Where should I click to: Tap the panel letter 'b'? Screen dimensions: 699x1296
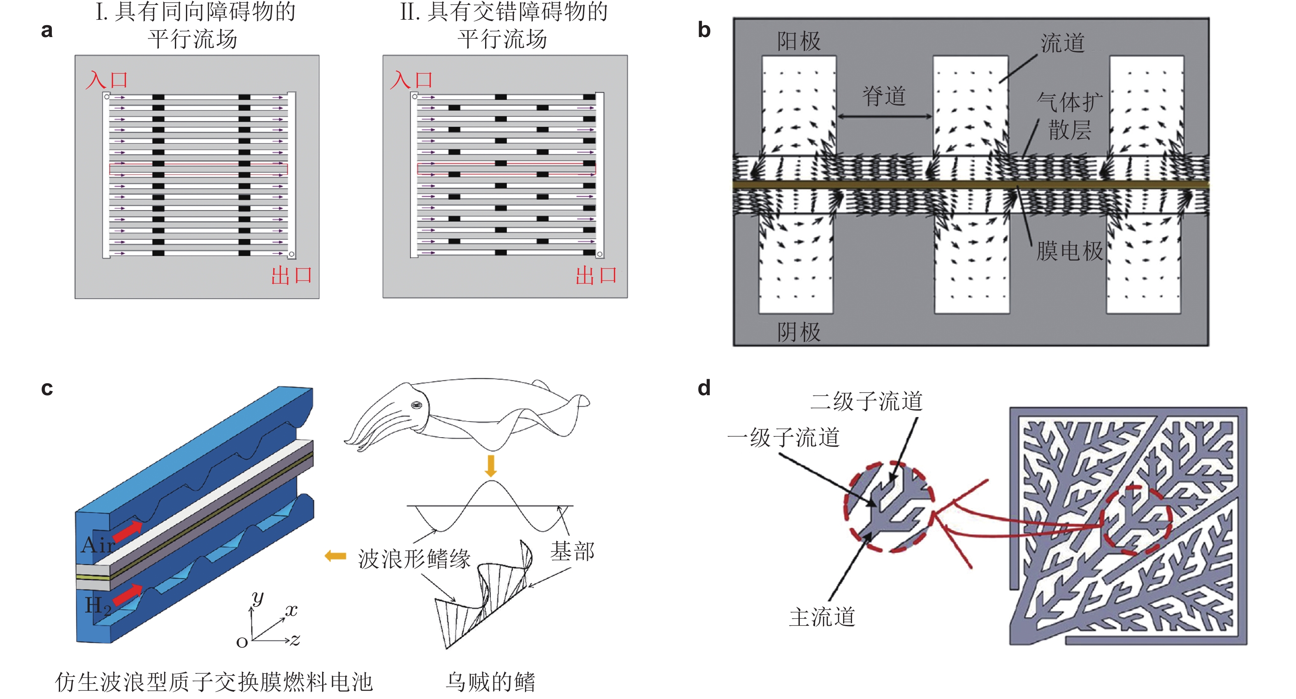[704, 30]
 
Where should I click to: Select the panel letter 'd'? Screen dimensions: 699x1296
[704, 388]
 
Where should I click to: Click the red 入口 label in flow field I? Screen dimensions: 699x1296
[107, 80]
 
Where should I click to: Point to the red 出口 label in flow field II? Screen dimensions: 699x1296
[596, 275]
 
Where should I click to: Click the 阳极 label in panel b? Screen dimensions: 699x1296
[799, 41]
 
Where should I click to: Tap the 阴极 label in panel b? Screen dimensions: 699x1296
[799, 332]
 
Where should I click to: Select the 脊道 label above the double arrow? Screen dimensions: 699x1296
[884, 96]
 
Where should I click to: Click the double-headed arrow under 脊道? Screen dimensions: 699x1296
[884, 117]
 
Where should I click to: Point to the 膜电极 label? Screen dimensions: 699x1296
[1070, 251]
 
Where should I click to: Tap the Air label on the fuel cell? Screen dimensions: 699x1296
[98, 545]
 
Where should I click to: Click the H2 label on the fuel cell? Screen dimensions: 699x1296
[98, 606]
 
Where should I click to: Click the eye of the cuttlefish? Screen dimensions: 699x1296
[416, 405]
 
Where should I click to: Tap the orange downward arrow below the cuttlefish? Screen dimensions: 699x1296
[490, 466]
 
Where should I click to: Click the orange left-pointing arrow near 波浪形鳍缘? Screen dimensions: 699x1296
[336, 556]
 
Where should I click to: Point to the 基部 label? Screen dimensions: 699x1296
[572, 551]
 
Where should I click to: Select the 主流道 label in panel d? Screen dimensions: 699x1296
[822, 617]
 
